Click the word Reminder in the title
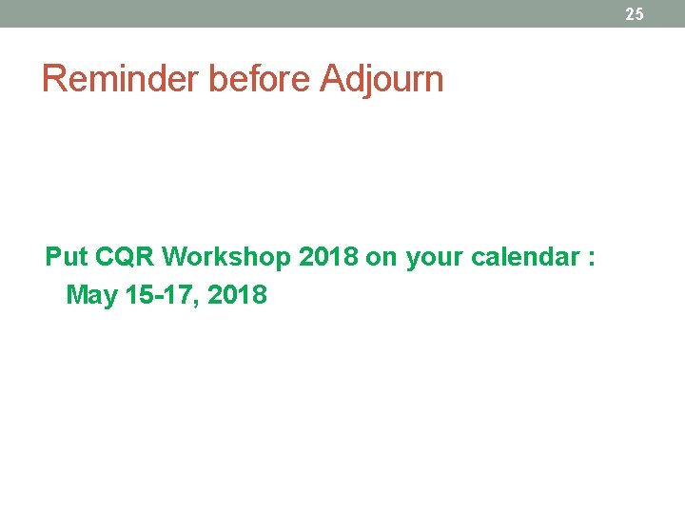(121, 79)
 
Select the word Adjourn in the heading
(382, 79)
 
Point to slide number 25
(635, 13)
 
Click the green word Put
(67, 257)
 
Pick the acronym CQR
(126, 257)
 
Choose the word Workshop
(226, 257)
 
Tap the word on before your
(384, 257)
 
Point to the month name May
(92, 296)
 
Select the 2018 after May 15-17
(237, 295)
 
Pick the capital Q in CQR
(125, 257)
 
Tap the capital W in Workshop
(176, 257)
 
